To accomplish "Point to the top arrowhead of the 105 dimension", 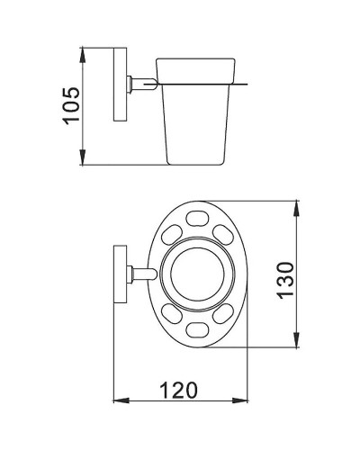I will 84,47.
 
